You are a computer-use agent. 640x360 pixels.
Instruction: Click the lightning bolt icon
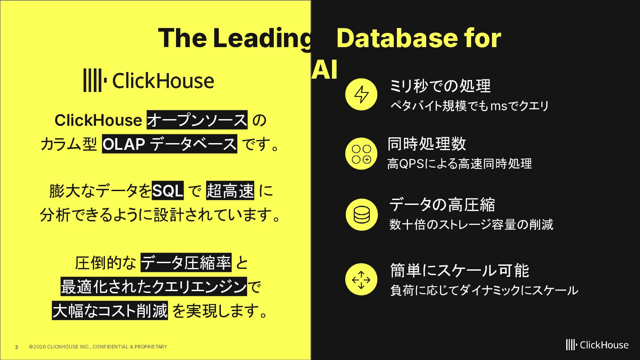click(x=361, y=94)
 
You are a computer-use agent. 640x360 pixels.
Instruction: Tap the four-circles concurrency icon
click(x=361, y=154)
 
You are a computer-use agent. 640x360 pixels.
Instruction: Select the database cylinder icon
click(x=361, y=215)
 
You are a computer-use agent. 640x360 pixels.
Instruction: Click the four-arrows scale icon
click(x=361, y=279)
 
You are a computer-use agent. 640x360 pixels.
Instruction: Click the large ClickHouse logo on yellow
click(x=148, y=80)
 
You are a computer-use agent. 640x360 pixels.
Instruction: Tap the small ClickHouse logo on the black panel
click(x=597, y=345)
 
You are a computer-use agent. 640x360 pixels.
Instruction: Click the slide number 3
click(x=16, y=347)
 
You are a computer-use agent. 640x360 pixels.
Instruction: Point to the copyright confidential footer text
click(x=98, y=347)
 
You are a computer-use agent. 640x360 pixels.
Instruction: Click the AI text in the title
click(x=324, y=69)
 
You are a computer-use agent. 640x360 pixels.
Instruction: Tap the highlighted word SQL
click(x=168, y=191)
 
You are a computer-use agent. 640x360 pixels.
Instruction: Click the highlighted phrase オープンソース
click(x=197, y=120)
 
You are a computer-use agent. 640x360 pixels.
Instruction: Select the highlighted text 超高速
click(x=230, y=191)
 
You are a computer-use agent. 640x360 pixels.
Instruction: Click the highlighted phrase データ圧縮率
click(x=186, y=263)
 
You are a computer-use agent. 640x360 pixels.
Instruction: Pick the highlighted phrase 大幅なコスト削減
click(x=110, y=310)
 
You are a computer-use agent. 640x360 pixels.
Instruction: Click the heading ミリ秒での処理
click(x=440, y=86)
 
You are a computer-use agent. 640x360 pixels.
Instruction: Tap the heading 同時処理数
click(x=427, y=144)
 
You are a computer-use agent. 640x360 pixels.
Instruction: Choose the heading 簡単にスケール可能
click(x=460, y=270)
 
